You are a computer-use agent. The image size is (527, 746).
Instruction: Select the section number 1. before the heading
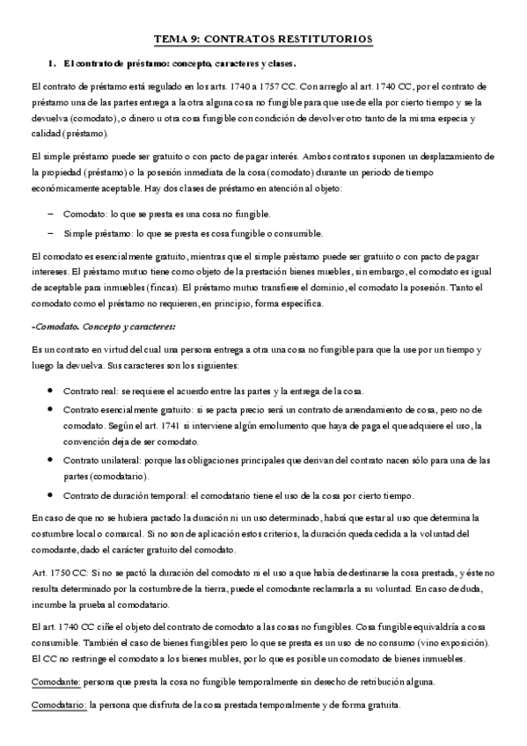pyautogui.click(x=52, y=65)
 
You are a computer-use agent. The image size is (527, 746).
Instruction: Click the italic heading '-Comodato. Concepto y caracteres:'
pyautogui.click(x=103, y=327)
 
